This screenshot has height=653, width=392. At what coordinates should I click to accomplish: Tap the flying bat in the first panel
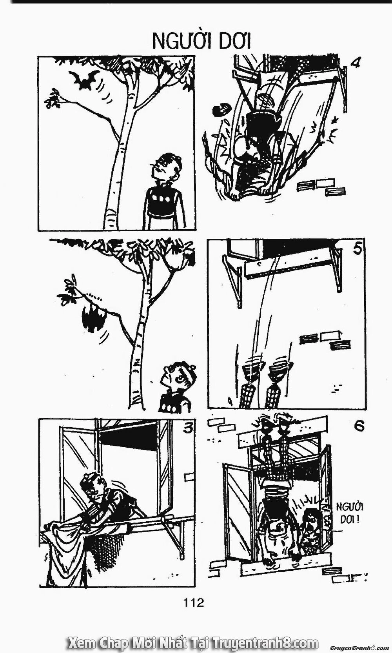[x=84, y=79]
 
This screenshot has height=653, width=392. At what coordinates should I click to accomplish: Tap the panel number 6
[x=359, y=426]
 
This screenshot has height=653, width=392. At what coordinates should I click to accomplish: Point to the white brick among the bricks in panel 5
[x=330, y=336]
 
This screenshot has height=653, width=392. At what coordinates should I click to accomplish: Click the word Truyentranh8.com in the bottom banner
[x=265, y=642]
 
